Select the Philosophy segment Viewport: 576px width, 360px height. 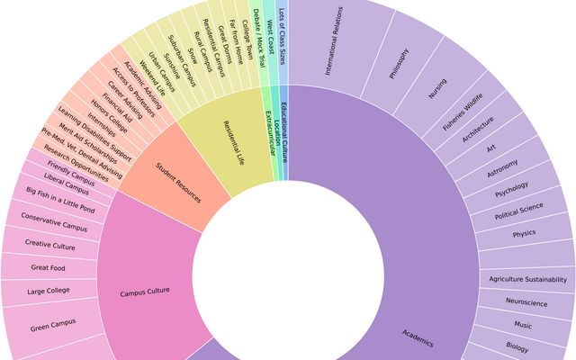click(399, 63)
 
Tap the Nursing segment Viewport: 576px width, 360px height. click(437, 87)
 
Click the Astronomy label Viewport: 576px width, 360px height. click(502, 168)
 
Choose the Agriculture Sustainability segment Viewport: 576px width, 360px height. click(527, 279)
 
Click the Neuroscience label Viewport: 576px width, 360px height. click(526, 302)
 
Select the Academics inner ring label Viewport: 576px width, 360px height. click(418, 337)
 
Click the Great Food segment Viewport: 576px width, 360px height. click(47, 267)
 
